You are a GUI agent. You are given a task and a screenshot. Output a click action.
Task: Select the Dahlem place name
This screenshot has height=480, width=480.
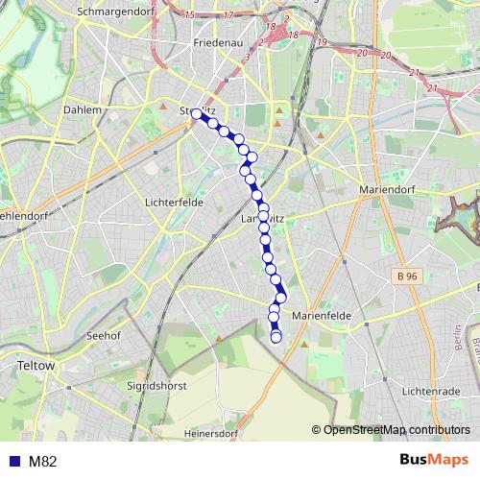click(x=83, y=110)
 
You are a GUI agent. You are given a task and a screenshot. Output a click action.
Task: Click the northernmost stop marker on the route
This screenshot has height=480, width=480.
click(x=197, y=113)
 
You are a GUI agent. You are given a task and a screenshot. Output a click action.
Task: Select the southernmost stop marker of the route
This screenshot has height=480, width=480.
click(x=276, y=337)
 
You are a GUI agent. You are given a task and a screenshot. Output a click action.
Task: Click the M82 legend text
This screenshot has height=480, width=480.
click(x=43, y=461)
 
